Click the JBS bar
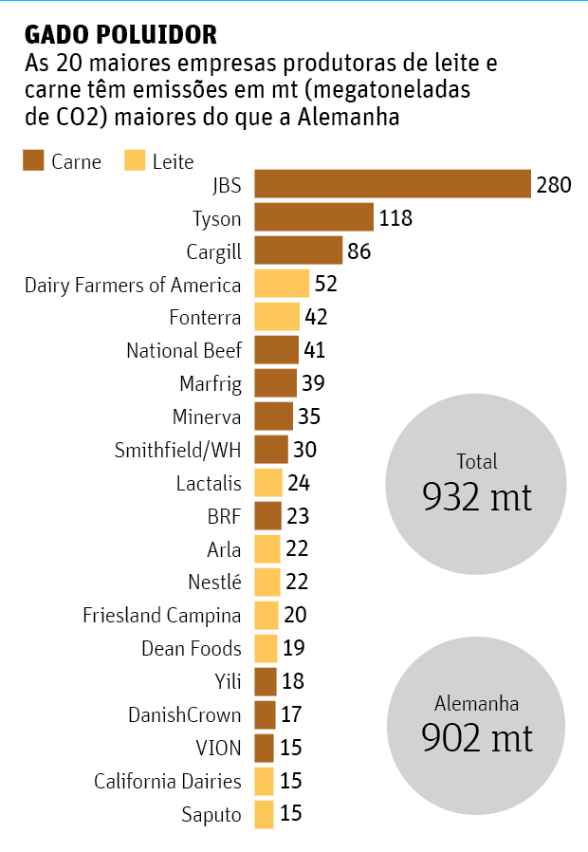tap(392, 184)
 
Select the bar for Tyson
tap(314, 218)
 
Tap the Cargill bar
tap(298, 251)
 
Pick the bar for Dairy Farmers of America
tap(282, 284)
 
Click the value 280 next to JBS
tap(553, 184)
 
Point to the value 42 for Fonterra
tap(316, 317)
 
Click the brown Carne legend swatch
tap(33, 160)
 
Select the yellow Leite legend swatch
tap(135, 160)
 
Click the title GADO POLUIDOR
tap(120, 36)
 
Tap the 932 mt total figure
tap(477, 495)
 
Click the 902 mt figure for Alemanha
tap(477, 737)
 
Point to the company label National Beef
tap(184, 350)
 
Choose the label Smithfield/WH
tap(177, 450)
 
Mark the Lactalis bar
tap(268, 483)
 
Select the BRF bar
tap(268, 516)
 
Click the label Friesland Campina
tap(162, 616)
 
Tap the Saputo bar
tap(264, 814)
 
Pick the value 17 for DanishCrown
tap(293, 714)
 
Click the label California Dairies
tap(168, 781)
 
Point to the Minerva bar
tap(273, 417)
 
